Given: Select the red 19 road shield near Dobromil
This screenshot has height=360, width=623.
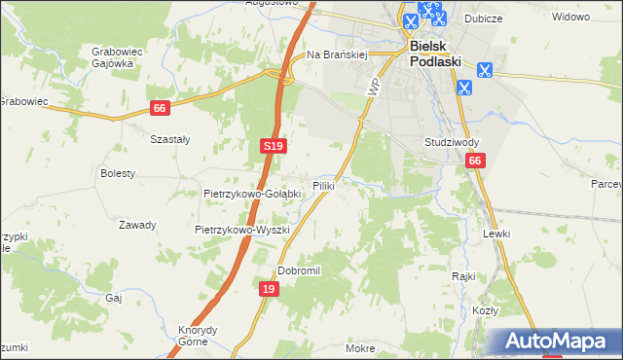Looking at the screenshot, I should tap(270, 289).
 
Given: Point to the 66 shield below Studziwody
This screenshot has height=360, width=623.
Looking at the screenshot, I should tap(474, 162).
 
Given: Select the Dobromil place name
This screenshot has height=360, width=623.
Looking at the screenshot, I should tap(299, 270).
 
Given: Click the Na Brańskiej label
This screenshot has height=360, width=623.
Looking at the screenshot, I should tap(336, 55).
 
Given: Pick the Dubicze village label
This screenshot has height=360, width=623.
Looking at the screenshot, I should tap(510, 16).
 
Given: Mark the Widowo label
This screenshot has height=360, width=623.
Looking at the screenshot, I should tap(571, 17).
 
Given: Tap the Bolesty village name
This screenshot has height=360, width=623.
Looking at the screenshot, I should tap(118, 173).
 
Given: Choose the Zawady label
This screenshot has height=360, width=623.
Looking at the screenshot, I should tap(137, 225).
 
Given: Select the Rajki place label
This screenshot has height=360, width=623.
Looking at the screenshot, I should tap(462, 275).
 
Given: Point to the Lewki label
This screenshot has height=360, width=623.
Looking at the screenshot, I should tap(496, 234).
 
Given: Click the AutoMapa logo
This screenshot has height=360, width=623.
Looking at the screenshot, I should tap(551, 342).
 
